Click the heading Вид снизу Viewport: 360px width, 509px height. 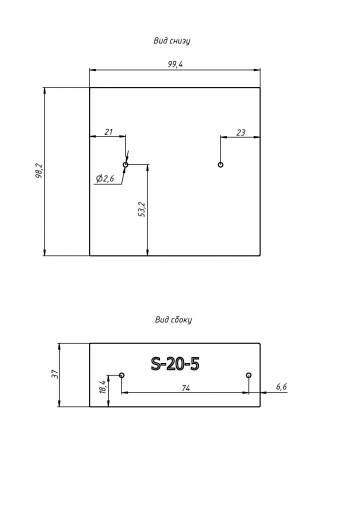172,41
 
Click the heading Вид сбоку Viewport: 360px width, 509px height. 173,320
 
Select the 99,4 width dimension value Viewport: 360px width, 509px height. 175,64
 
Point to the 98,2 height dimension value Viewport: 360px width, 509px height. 39,170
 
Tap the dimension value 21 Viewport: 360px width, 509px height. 109,132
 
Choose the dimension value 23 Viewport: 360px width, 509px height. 241,133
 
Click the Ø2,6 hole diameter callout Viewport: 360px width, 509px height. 105,179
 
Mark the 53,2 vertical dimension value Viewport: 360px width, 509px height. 142,209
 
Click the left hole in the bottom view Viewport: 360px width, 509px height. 126,165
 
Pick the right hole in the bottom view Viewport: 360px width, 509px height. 220,165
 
